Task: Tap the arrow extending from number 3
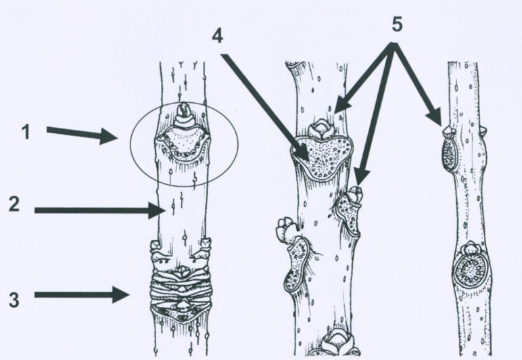coord(84,295)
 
